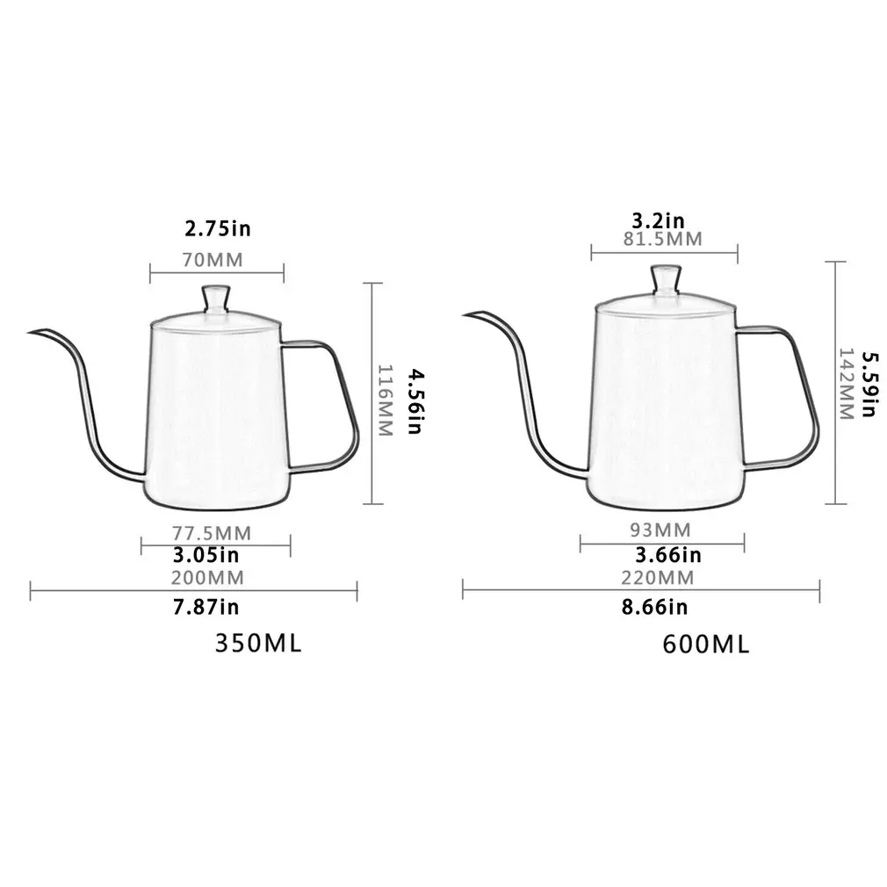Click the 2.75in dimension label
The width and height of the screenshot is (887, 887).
pos(217,229)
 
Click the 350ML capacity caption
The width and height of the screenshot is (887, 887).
pos(258,643)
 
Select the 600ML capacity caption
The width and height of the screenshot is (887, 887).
pos(706,645)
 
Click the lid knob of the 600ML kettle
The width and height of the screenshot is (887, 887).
pos(665,279)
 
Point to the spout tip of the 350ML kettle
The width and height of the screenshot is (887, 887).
pos(31,332)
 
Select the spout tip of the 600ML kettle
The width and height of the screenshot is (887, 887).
pos(466,313)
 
